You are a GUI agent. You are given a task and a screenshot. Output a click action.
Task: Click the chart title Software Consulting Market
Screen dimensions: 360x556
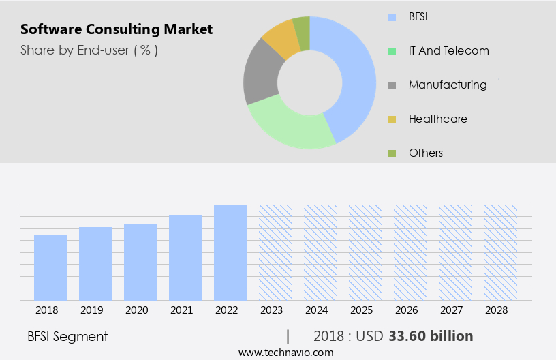117,29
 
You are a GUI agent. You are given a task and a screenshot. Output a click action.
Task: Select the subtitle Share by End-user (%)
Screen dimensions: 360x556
89,50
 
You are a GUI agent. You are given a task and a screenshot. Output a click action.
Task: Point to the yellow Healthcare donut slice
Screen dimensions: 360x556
281,40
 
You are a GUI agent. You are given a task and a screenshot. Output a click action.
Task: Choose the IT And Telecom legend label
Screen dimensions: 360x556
448,50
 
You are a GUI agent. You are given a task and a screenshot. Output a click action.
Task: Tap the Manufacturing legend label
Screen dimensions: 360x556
448,85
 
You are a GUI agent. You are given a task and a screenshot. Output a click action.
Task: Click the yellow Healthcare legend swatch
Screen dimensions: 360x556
392,119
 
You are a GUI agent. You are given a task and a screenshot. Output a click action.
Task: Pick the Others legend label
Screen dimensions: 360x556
426,153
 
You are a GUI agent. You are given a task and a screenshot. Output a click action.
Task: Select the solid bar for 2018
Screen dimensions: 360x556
50,267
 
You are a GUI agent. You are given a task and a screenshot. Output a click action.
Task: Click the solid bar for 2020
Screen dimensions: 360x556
140,262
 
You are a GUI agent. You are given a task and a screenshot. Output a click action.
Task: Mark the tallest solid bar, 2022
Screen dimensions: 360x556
230,252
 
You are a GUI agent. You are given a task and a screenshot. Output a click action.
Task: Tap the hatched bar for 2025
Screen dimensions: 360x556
365,252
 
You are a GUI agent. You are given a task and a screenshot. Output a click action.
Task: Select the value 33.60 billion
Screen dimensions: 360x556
431,336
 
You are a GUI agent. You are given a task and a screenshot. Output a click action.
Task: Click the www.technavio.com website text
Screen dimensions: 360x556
286,352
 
